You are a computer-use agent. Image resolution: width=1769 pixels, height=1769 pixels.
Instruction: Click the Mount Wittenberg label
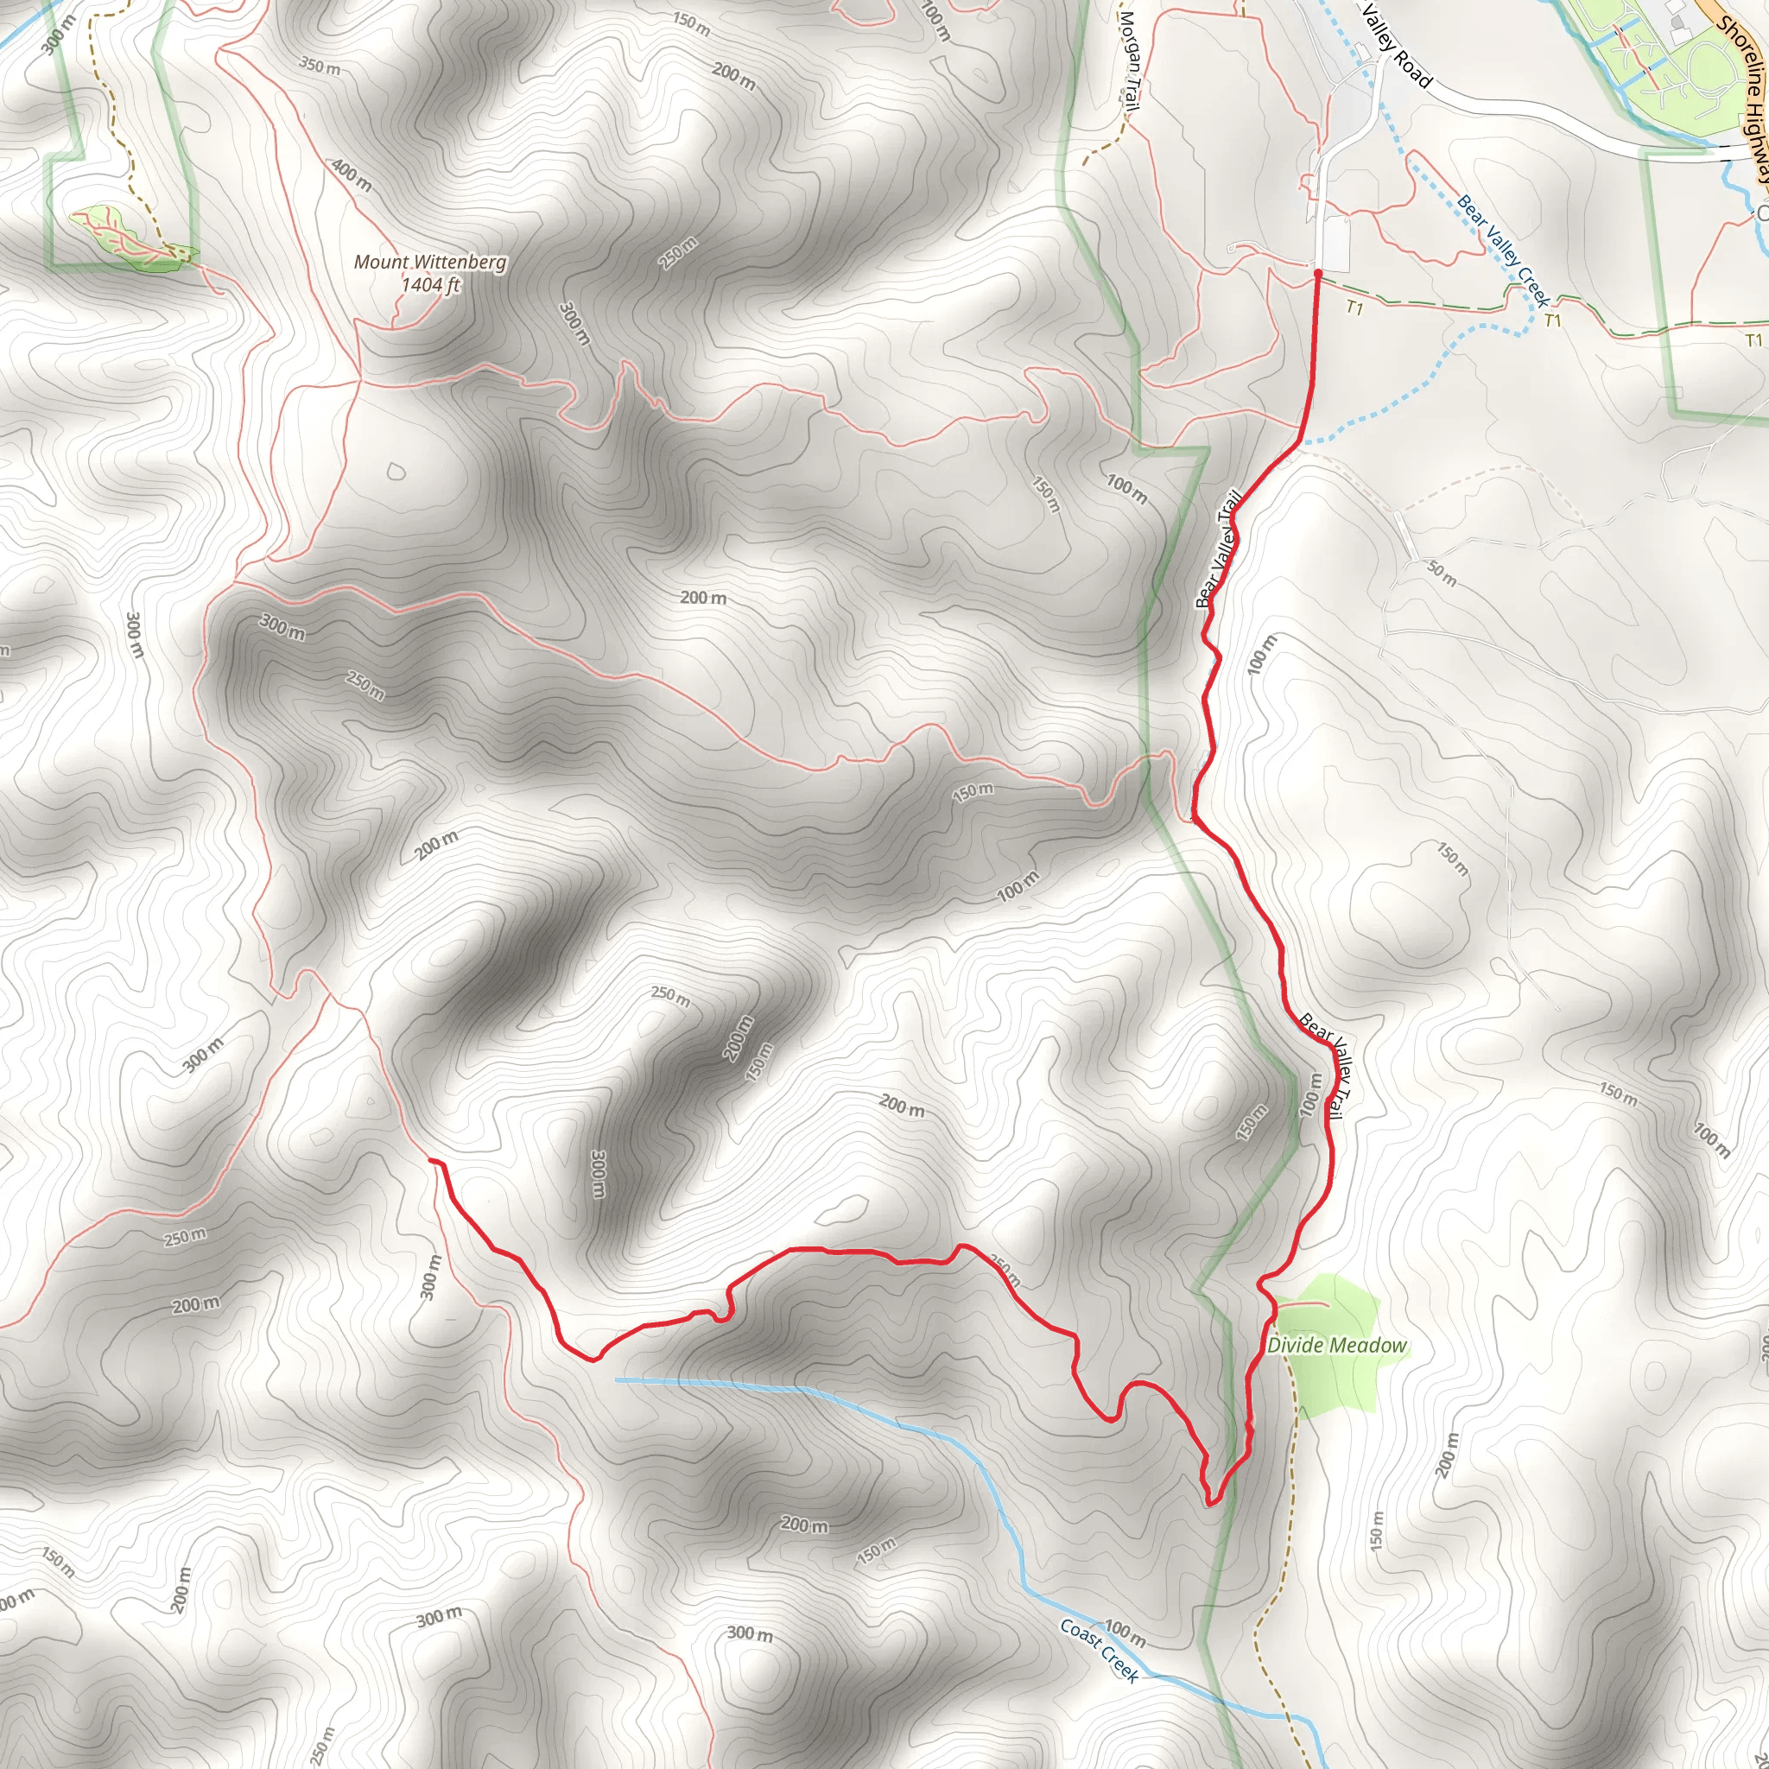429,262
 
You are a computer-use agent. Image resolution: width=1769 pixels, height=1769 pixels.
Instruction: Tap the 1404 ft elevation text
429,285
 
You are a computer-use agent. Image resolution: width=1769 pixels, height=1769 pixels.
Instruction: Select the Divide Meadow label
1337,1345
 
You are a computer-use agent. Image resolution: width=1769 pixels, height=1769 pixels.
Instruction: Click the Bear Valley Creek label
1503,250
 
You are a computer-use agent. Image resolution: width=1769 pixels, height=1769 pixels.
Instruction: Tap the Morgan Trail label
1130,60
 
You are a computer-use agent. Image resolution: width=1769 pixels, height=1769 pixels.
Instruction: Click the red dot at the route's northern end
1317,273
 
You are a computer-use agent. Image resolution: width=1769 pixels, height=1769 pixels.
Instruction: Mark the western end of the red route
431,1160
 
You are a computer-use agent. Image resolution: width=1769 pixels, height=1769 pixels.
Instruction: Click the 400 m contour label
352,174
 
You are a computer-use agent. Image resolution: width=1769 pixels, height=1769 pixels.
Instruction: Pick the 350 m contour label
320,66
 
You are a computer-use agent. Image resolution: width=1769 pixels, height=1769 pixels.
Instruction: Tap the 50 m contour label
1442,574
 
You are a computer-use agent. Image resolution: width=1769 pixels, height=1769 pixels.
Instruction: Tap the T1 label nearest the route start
1355,308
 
